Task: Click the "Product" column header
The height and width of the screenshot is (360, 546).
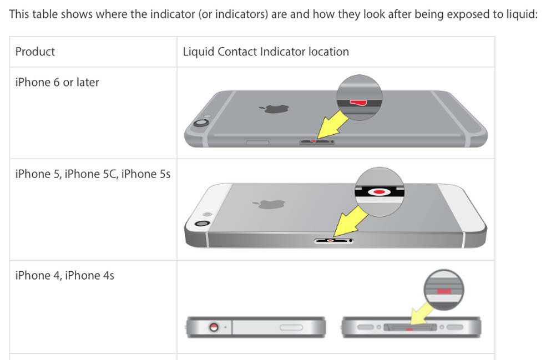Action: (35, 52)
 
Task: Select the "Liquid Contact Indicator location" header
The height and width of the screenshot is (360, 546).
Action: (266, 52)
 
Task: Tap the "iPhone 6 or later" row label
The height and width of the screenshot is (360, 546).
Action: (57, 82)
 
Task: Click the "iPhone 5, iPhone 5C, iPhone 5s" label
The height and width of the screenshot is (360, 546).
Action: (93, 174)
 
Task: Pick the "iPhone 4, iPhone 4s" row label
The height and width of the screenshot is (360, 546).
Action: (64, 275)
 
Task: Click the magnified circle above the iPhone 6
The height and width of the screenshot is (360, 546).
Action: (359, 98)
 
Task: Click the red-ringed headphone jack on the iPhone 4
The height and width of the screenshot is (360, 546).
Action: (213, 327)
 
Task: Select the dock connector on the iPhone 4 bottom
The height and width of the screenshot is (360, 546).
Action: (410, 327)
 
